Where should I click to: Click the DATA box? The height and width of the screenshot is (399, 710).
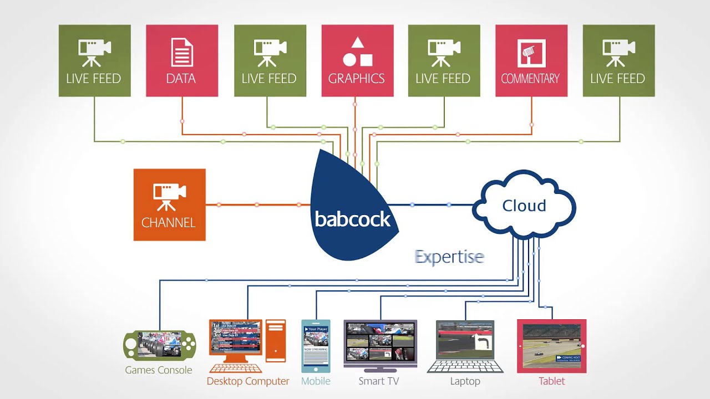point(181,60)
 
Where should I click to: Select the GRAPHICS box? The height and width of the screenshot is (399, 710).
point(357,60)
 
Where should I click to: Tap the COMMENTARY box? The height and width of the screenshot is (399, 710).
point(531,60)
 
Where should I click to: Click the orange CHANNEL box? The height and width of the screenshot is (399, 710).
point(169,204)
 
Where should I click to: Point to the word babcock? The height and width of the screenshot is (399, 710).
point(353,219)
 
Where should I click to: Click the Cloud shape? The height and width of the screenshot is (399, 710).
point(524,206)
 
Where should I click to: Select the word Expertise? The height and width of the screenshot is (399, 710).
point(449,257)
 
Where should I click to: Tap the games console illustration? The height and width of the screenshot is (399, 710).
point(159,346)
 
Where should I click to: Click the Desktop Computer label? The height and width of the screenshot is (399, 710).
point(248,381)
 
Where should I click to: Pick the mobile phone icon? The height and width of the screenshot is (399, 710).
point(316,346)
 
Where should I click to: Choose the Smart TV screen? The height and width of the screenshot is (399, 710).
point(380,342)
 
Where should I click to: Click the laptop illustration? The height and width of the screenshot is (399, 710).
point(465,346)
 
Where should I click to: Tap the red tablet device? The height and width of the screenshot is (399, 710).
point(551,346)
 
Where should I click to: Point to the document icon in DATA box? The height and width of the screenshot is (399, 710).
point(181,53)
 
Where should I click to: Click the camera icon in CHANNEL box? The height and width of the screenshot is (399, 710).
point(169,196)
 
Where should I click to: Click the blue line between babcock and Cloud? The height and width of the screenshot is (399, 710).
point(433,205)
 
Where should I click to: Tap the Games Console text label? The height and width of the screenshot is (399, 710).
point(159,370)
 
